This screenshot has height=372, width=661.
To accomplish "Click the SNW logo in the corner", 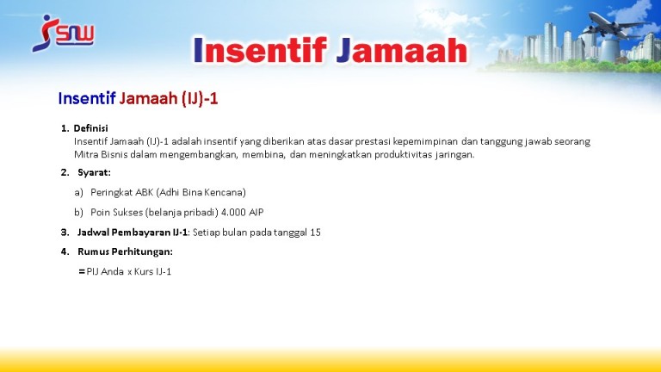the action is [x=63, y=34].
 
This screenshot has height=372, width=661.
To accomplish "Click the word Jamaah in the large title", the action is [x=402, y=51].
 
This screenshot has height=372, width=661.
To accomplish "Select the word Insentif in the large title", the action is [x=260, y=51].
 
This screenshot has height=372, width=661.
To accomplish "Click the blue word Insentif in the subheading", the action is [x=87, y=98].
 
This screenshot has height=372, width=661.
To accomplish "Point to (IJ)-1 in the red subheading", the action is [x=200, y=99].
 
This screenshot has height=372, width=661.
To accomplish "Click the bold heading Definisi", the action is [x=90, y=128].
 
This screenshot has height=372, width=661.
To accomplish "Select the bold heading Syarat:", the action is [x=94, y=172].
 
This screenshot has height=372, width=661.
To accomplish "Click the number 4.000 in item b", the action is [x=233, y=212].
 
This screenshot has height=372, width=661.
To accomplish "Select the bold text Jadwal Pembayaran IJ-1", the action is [x=133, y=232].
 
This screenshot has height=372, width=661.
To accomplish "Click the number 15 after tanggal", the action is [x=315, y=232].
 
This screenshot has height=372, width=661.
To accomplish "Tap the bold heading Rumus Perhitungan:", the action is [x=125, y=251].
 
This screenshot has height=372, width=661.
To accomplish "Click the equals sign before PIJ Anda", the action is [x=82, y=272].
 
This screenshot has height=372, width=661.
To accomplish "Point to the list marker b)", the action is [x=79, y=212].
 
